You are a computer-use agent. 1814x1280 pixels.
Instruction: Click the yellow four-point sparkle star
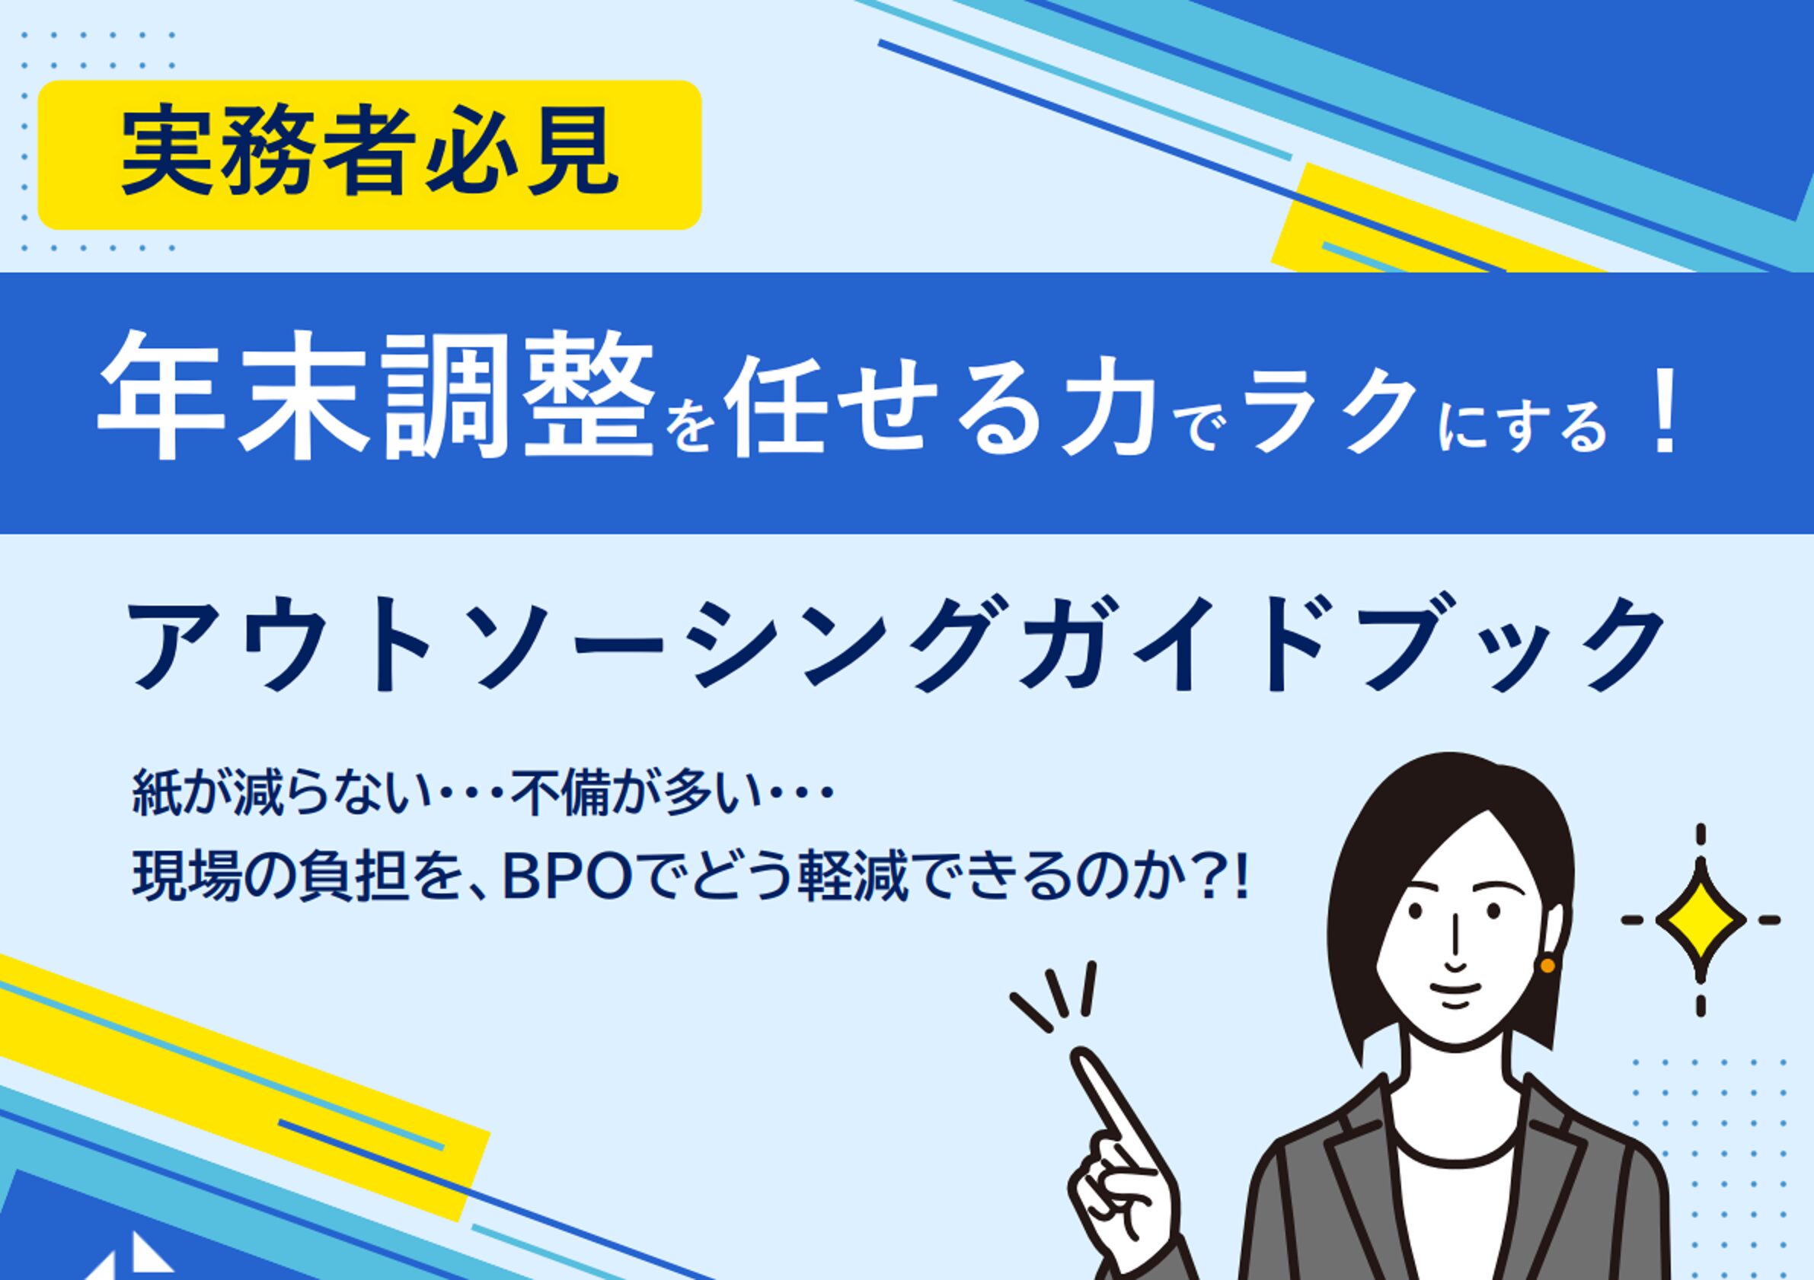coord(1701,920)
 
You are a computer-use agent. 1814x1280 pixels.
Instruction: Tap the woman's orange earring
coord(1547,965)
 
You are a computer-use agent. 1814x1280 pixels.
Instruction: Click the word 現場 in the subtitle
coord(187,880)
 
